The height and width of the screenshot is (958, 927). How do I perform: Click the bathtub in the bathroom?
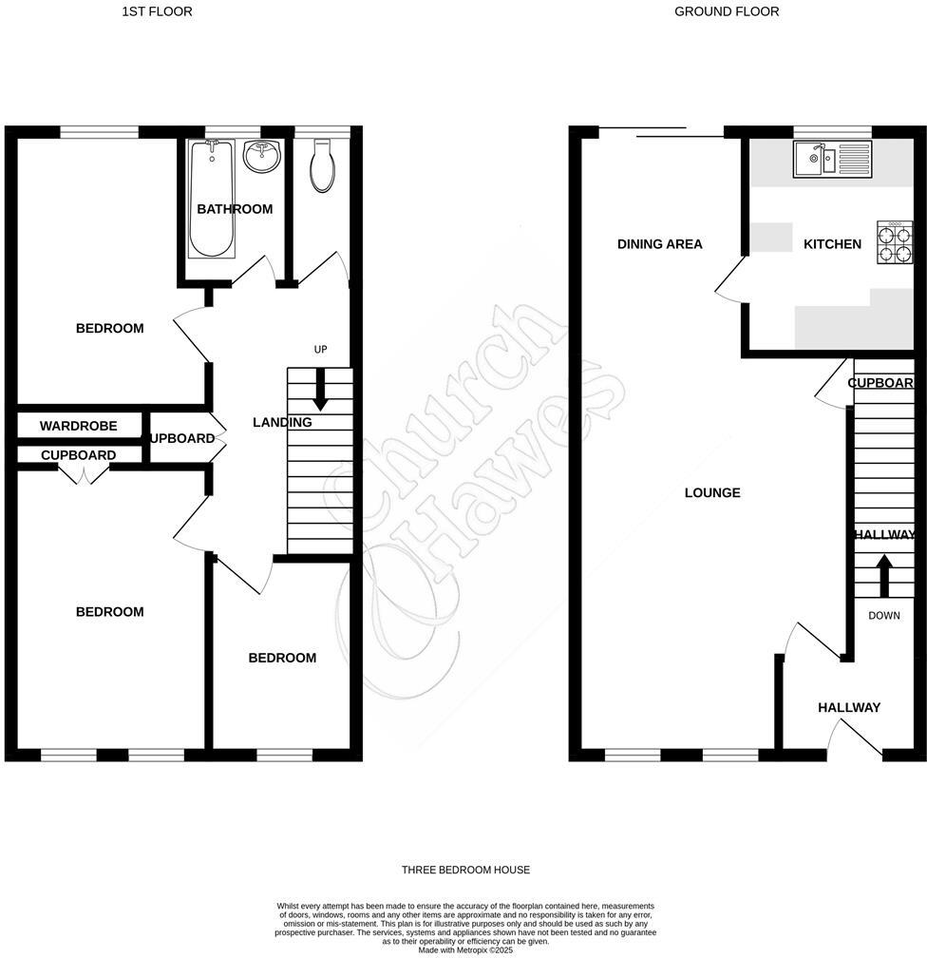coord(211,200)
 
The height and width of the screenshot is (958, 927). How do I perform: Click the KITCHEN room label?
coord(832,244)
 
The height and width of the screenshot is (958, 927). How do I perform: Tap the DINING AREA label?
coord(659,244)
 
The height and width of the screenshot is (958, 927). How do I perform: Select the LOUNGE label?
coord(712,492)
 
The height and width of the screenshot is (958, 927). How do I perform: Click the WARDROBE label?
coord(78,426)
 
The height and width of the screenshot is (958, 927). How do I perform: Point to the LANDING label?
coord(282,422)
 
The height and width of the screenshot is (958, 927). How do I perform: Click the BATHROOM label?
coord(235,209)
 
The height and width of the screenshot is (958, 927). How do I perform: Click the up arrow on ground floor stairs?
coord(883,573)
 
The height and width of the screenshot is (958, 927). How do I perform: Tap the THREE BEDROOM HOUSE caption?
coord(465,870)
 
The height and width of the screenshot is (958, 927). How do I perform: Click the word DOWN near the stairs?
coord(883,616)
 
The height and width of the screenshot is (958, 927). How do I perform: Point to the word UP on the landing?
coord(320,350)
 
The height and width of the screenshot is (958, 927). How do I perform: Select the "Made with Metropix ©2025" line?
coord(464,949)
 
